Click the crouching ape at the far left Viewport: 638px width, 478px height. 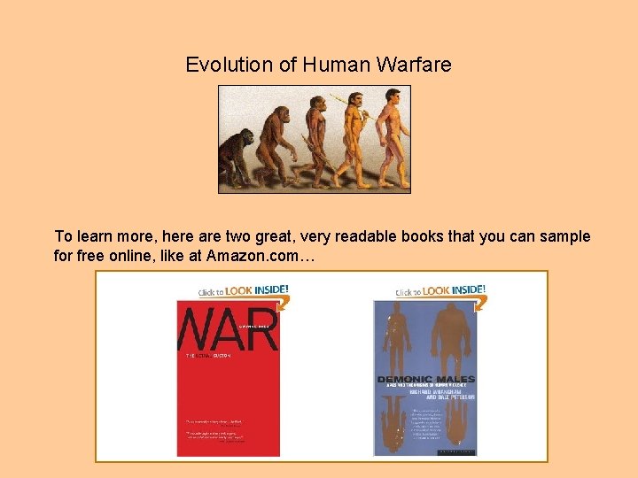237,151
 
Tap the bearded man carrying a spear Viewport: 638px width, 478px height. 352,133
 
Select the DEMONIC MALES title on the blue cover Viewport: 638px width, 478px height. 425,380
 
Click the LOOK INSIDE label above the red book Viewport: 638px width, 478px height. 257,290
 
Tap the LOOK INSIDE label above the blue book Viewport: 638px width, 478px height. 454,290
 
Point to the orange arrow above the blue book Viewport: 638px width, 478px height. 482,304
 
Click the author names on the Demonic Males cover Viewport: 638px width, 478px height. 425,393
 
